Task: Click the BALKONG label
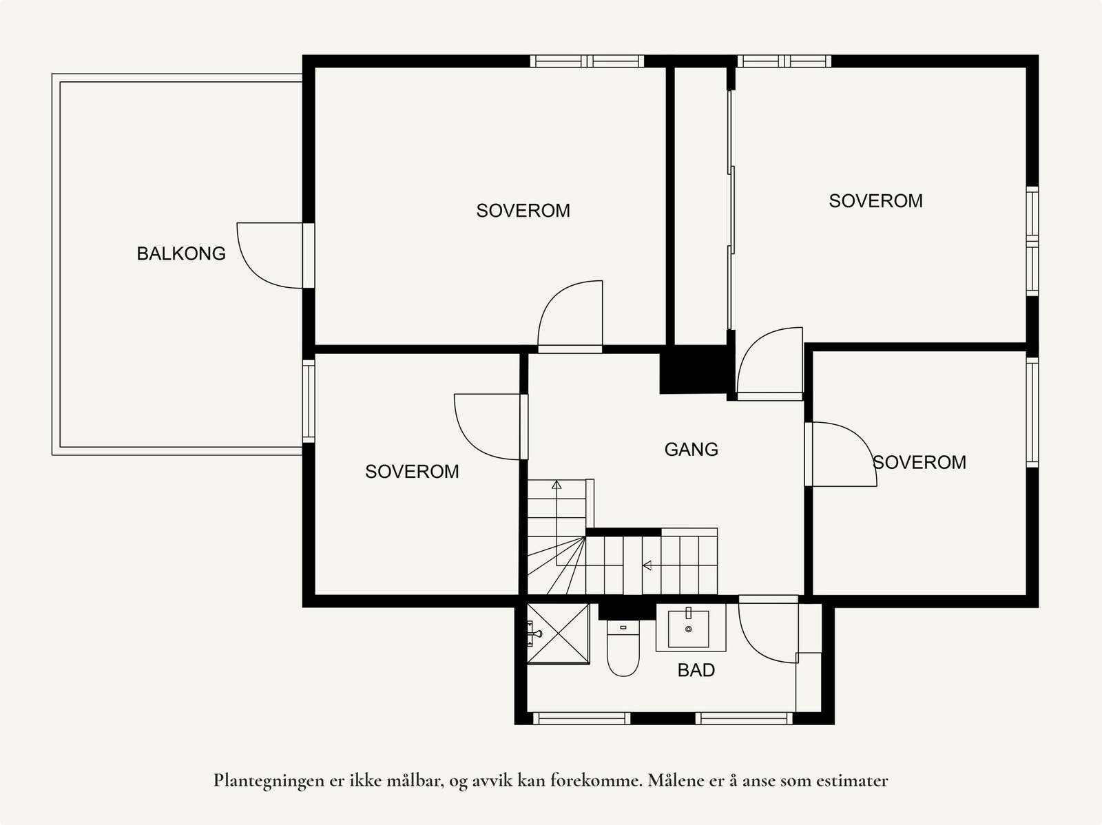click(x=181, y=253)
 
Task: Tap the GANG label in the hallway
click(x=691, y=449)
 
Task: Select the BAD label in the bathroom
click(x=696, y=670)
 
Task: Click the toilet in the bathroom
click(x=623, y=648)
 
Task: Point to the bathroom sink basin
click(x=688, y=629)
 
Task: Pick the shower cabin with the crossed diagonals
click(x=558, y=634)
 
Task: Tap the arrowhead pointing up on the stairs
click(x=557, y=485)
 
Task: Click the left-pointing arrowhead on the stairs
click(x=647, y=565)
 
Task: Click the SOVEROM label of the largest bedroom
click(x=523, y=211)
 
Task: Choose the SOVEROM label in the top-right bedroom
click(x=875, y=200)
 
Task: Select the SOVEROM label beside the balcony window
click(x=412, y=472)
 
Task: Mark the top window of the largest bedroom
click(x=587, y=61)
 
